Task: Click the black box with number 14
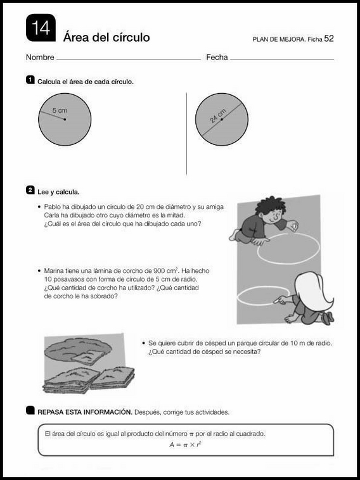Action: pos(41,28)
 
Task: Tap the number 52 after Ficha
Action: pos(329,39)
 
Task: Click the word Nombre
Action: pos(40,57)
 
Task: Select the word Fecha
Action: pos(217,57)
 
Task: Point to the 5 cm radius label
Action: pos(60,111)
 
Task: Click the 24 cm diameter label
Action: pos(218,115)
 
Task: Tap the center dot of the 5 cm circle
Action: pos(65,120)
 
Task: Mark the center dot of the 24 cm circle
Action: pos(222,120)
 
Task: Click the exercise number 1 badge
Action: pos(30,80)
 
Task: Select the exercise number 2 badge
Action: pos(30,191)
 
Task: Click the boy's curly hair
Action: pos(270,206)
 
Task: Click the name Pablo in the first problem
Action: pos(51,207)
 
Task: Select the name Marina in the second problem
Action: pos(53,271)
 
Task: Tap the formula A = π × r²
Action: pos(185,444)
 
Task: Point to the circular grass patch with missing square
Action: pos(78,351)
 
